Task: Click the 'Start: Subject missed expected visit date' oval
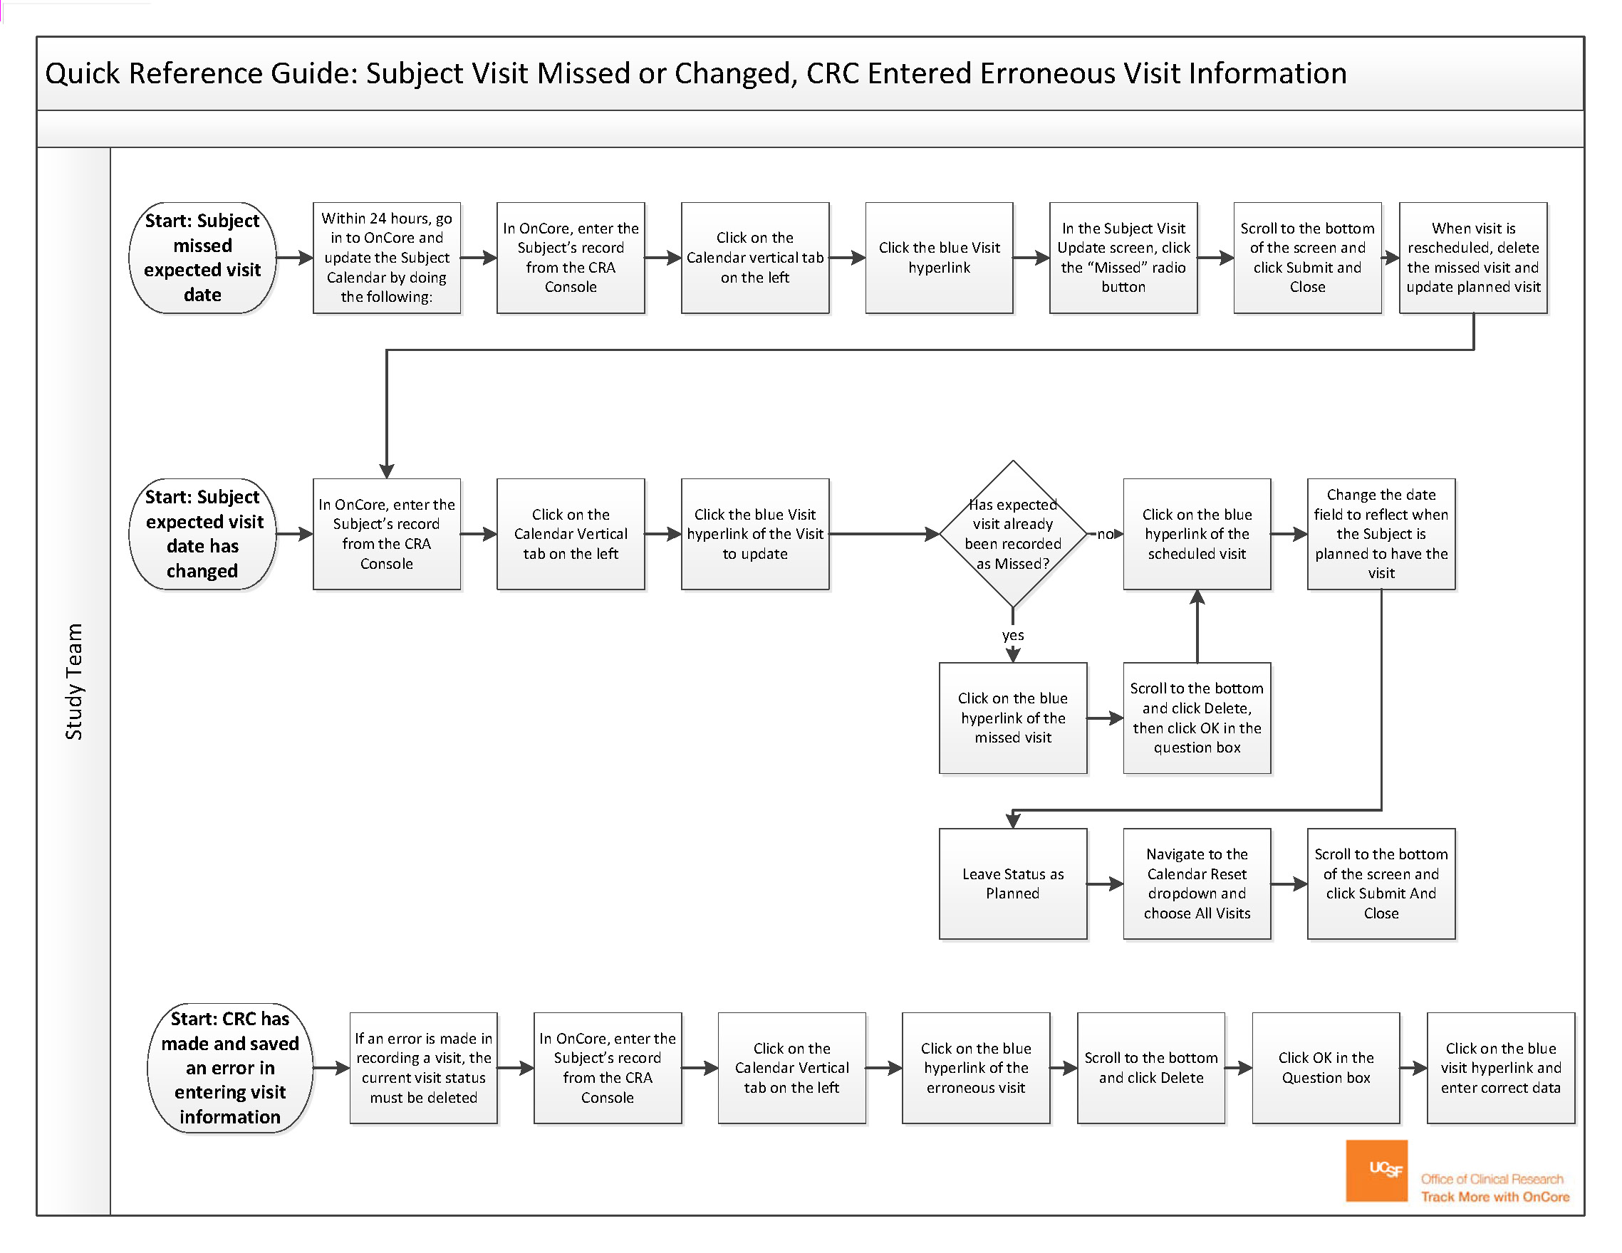pos(202,258)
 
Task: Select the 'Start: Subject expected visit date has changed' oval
pos(202,534)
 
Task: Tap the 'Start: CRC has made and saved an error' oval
pos(229,1067)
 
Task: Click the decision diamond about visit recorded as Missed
pos(1013,534)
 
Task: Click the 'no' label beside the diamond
pos(1105,534)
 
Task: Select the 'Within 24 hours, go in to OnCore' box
pos(386,258)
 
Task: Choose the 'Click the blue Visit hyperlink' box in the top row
pos(939,258)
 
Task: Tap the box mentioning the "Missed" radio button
pos(1123,258)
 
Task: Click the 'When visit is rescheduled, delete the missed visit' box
pos(1473,258)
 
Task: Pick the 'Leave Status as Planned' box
pos(1013,884)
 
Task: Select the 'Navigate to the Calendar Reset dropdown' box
pos(1197,884)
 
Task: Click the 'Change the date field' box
pos(1381,534)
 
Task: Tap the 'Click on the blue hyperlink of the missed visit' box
pos(1013,718)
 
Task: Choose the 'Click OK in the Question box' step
pos(1326,1067)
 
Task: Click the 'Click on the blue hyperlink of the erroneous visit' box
pos(976,1067)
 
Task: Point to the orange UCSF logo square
pos(1376,1170)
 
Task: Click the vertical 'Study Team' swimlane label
pos(73,681)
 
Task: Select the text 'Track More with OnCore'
pos(1495,1197)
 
